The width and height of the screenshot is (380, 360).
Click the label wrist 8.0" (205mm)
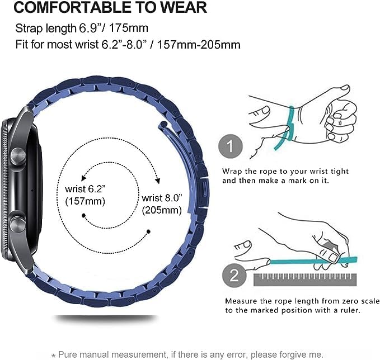[x=162, y=204]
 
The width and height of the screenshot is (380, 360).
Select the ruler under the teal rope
[x=302, y=278]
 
